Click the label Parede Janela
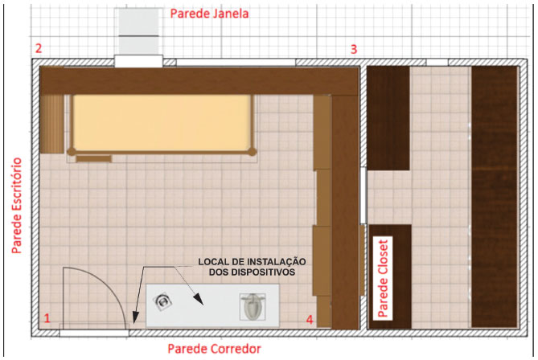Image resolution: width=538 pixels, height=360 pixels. click(x=209, y=14)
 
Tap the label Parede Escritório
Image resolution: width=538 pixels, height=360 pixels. click(x=16, y=206)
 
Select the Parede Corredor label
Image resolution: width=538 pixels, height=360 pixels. click(x=214, y=349)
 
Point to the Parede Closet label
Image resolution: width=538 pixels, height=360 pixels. click(x=383, y=278)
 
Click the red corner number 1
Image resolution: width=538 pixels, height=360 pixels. click(x=47, y=318)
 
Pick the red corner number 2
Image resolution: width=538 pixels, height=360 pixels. click(x=39, y=48)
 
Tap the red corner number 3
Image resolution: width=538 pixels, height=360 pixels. click(x=354, y=49)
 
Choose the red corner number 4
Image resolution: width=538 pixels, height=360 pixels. click(x=310, y=320)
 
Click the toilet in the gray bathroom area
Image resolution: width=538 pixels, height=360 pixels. click(x=253, y=307)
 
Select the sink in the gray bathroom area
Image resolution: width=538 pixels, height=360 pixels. click(x=162, y=301)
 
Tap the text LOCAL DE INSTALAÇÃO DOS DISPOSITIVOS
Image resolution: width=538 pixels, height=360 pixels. click(x=253, y=267)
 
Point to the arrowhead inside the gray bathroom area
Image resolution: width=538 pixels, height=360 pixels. click(x=199, y=300)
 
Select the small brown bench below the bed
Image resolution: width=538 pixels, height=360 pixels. click(x=93, y=158)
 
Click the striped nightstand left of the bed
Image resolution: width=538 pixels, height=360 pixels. click(x=51, y=124)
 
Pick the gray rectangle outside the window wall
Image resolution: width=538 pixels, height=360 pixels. click(x=138, y=31)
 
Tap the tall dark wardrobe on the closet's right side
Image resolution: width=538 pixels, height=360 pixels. click(x=494, y=197)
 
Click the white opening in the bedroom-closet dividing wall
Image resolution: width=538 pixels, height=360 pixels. click(x=363, y=195)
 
